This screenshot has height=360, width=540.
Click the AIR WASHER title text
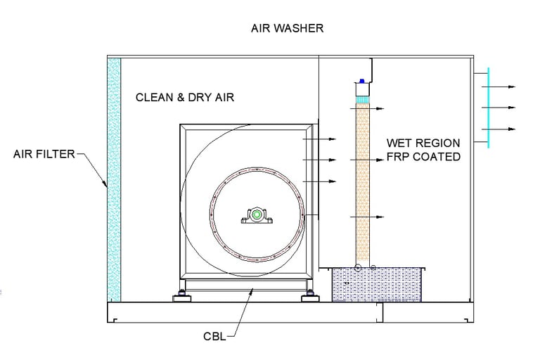click(x=287, y=28)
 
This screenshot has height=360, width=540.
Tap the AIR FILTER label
click(x=44, y=154)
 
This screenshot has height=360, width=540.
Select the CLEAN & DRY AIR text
click(x=185, y=97)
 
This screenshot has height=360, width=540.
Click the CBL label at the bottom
click(x=214, y=336)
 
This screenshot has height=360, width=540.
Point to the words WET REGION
click(x=423, y=143)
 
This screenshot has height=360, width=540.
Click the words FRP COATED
click(x=423, y=156)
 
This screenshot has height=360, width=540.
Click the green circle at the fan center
click(x=257, y=215)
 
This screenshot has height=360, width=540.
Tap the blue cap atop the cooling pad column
click(x=362, y=81)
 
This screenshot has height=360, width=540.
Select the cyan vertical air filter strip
click(x=114, y=180)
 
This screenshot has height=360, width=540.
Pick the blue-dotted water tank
click(x=376, y=285)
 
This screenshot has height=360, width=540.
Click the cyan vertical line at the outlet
click(x=489, y=108)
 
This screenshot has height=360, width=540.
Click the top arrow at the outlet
click(x=499, y=86)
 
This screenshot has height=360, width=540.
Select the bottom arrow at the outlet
click(x=499, y=129)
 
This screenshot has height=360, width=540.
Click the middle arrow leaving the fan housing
click(x=319, y=160)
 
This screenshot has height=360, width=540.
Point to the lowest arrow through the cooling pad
click(x=367, y=217)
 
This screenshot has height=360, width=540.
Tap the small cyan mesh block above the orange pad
click(x=362, y=99)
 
